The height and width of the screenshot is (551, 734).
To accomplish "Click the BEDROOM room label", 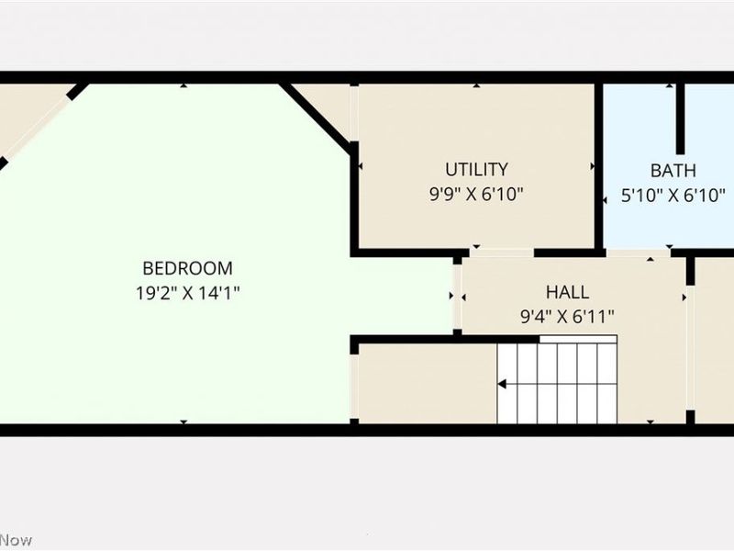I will tap(187, 268).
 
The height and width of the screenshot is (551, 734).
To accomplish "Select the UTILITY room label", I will tap(476, 169).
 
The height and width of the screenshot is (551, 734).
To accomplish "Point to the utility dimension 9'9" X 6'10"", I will tap(476, 194).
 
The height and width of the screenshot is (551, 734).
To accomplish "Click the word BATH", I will tap(673, 170).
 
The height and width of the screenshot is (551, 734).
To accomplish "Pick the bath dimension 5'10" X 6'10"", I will tap(673, 195).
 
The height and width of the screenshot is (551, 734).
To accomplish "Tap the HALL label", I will tap(567, 293).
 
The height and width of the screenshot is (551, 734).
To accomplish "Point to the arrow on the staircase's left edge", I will tap(502, 384).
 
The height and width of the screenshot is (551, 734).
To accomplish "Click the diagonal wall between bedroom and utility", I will tap(317, 116).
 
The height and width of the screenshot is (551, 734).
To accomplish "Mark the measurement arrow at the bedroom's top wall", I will tap(183, 86).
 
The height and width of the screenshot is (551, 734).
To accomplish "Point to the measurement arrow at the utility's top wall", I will tap(476, 86).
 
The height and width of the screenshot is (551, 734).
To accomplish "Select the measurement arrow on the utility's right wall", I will tap(593, 167).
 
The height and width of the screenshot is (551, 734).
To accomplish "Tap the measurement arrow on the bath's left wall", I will tap(605, 197).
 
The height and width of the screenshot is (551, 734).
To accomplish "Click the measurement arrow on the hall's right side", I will tap(683, 297).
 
